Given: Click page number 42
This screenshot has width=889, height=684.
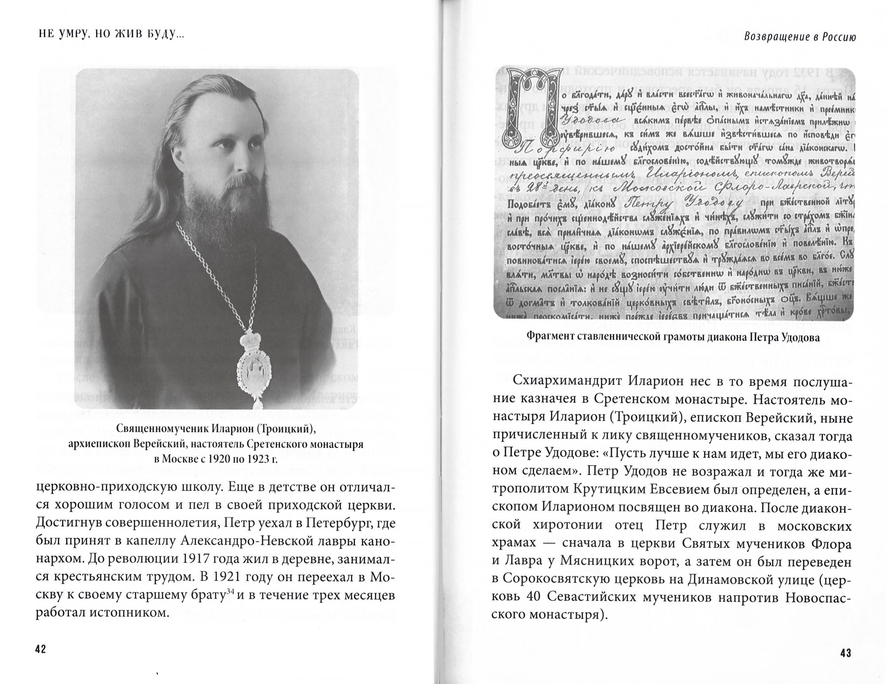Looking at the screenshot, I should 41,649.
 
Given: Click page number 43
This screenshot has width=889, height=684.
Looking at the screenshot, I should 845,653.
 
